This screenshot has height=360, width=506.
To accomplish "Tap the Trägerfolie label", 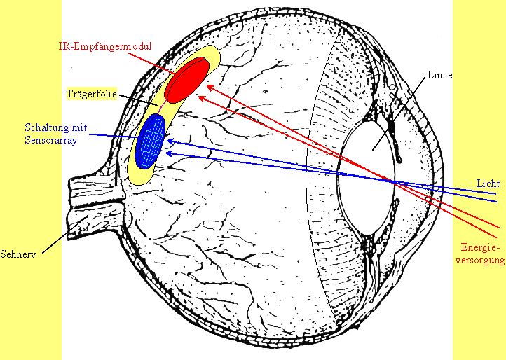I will click(x=90, y=92).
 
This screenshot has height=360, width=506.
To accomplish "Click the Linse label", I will click(x=440, y=75).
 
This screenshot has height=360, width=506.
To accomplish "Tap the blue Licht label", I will click(x=488, y=183).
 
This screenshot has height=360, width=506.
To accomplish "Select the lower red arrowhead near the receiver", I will click(x=202, y=97).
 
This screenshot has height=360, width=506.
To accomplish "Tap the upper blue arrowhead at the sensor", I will click(x=168, y=142).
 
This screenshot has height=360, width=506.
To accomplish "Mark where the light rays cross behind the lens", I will click(x=393, y=181).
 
